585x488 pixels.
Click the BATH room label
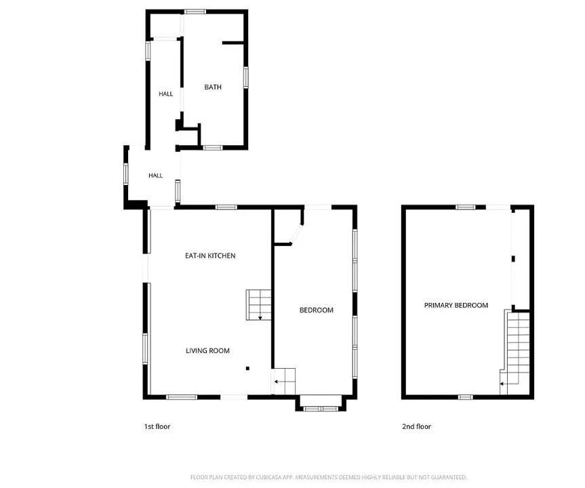click(x=213, y=87)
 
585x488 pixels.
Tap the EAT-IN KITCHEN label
click(x=210, y=256)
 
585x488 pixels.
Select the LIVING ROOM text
click(x=207, y=350)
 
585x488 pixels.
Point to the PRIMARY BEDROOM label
click(x=456, y=305)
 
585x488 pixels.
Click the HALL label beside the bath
click(x=165, y=94)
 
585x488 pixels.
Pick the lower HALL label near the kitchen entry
click(x=156, y=176)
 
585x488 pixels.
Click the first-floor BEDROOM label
click(x=317, y=310)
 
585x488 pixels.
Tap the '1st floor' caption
click(x=157, y=426)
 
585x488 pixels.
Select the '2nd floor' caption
click(x=416, y=426)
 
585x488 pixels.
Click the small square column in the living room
click(x=247, y=369)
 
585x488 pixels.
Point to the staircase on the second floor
click(x=515, y=352)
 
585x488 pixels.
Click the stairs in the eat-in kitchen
click(x=258, y=305)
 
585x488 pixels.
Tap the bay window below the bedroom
click(x=321, y=409)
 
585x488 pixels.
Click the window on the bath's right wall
click(x=246, y=77)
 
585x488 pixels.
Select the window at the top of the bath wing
click(x=195, y=12)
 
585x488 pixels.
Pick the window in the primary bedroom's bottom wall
click(x=465, y=397)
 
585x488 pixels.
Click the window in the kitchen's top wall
click(x=226, y=207)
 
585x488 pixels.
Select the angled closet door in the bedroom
click(x=297, y=234)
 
